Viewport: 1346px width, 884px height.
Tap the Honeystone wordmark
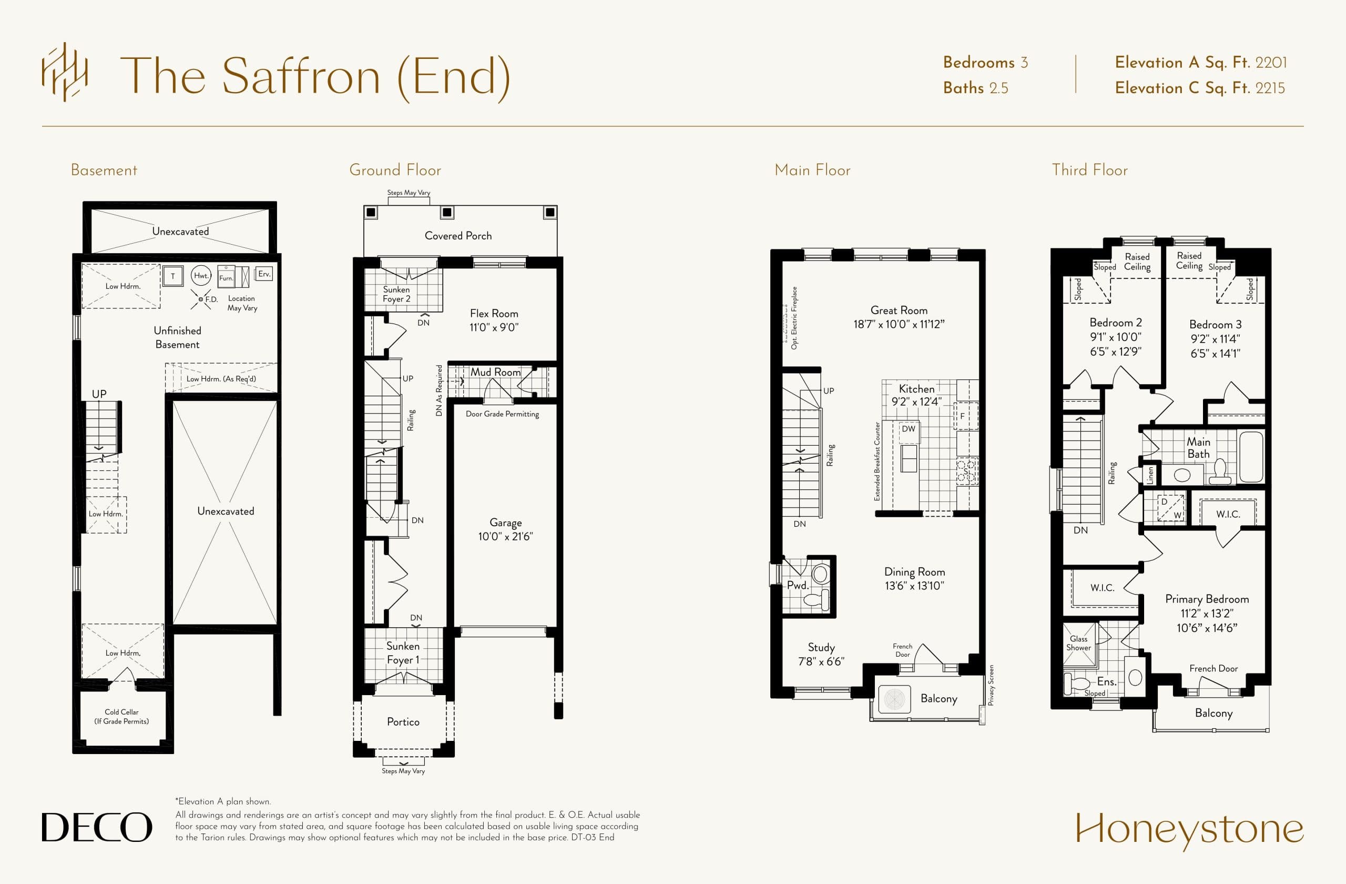point(1189,830)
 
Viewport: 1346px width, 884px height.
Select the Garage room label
point(505,523)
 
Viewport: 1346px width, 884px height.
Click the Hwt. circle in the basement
point(201,276)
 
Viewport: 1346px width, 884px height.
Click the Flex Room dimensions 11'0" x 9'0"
point(494,327)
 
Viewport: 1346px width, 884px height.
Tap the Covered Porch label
point(458,235)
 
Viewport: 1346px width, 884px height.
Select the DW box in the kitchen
point(908,429)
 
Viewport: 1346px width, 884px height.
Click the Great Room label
point(899,310)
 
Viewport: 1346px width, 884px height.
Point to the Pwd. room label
point(798,585)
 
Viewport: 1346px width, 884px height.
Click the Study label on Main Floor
point(821,647)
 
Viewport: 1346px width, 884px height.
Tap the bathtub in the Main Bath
point(1250,456)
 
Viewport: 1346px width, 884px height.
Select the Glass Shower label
point(1078,643)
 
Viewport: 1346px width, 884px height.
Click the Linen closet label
point(1150,475)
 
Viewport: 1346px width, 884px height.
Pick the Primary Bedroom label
point(1207,599)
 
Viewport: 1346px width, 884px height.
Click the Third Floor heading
point(1089,170)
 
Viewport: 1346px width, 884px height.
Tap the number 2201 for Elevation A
point(1271,62)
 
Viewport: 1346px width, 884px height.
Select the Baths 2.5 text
point(975,88)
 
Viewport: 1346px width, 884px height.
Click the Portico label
point(403,721)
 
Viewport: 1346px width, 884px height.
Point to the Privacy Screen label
point(991,685)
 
